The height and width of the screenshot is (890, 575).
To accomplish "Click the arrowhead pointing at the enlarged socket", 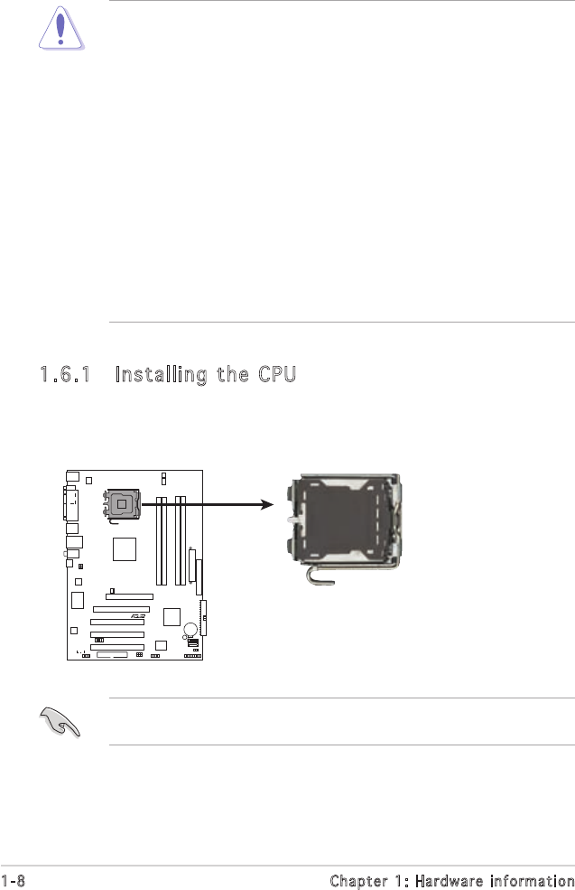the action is [x=266, y=506].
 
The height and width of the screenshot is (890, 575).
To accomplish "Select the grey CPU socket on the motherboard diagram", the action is [x=121, y=503].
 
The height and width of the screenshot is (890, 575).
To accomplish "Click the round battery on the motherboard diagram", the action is [x=190, y=630].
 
